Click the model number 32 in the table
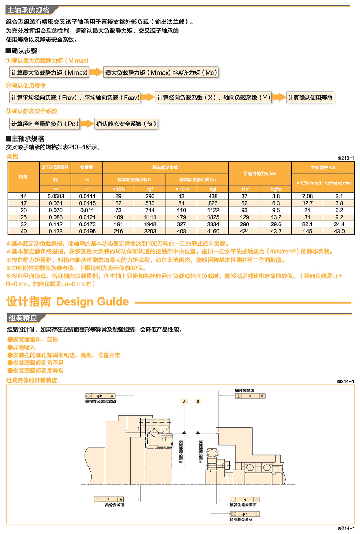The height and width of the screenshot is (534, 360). (23, 224)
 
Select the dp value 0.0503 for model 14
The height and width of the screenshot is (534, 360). (55, 196)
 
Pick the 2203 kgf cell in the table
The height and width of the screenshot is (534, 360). (150, 231)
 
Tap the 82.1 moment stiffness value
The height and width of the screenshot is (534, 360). (307, 224)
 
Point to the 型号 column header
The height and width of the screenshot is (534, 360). (23, 177)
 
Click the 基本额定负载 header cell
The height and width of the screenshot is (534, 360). (165, 167)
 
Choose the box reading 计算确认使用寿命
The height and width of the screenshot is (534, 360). (310, 98)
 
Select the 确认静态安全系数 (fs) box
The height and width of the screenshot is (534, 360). (126, 124)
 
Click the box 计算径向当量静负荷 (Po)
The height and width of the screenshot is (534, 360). (45, 124)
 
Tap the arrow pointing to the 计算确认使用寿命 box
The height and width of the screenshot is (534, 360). (279, 97)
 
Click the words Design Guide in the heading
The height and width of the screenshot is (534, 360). (92, 302)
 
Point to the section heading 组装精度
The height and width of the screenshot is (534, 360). (23, 318)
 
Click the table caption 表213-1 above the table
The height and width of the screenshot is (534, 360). (346, 158)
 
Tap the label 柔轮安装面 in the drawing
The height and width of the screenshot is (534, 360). (114, 505)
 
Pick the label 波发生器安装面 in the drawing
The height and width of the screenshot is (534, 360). (243, 505)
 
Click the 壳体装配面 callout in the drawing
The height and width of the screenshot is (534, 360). (244, 390)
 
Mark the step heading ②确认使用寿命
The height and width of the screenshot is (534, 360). (26, 86)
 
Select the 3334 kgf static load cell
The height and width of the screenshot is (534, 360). (213, 224)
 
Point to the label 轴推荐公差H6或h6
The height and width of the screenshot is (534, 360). (100, 401)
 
